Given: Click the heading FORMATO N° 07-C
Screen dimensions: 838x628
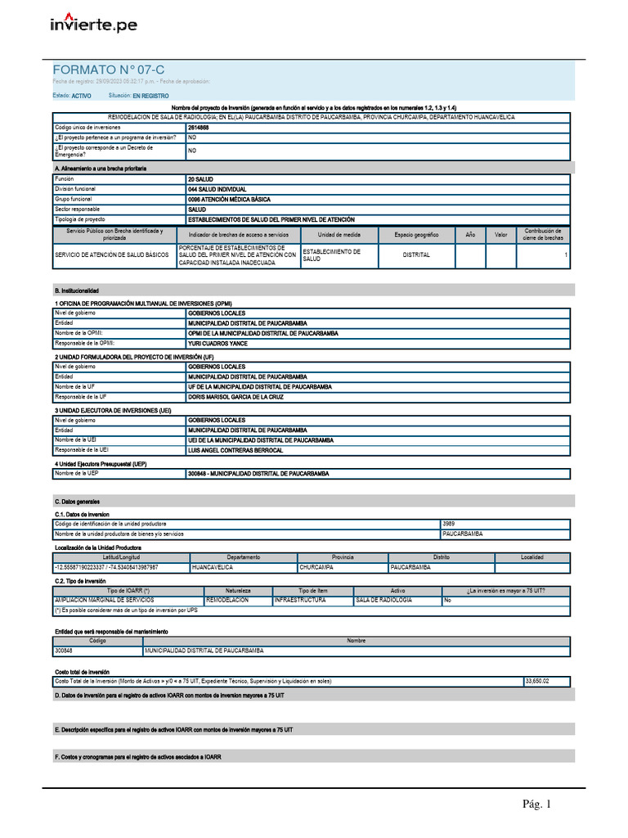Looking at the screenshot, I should tap(109, 70).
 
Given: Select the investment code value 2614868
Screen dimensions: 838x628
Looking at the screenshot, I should tap(198, 128).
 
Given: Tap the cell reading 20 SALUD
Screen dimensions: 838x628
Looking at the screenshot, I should tap(201, 178).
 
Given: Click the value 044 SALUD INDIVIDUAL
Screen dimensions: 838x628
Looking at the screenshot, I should tap(217, 189).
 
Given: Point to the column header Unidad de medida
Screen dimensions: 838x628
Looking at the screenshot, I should tap(339, 235).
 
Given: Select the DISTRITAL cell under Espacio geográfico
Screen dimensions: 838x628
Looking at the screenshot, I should tap(416, 255).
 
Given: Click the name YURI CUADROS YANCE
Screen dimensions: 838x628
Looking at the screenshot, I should tap(217, 344).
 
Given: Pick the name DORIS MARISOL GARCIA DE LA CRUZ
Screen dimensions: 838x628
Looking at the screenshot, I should tap(237, 396).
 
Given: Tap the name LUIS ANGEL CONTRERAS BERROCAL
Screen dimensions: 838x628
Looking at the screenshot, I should tap(235, 450).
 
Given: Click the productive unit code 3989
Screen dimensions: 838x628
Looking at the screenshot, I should tap(448, 523).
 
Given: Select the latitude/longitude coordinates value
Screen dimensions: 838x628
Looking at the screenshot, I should tap(106, 567).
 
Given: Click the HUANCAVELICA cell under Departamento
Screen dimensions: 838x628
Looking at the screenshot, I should tap(213, 567).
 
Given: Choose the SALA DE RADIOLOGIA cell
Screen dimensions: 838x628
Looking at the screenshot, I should tap(384, 600).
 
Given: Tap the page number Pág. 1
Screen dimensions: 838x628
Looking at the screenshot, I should tap(537, 804).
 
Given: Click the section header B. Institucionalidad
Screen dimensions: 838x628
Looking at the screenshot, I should tap(76, 291).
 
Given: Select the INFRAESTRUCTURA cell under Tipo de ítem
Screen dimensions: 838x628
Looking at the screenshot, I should tap(300, 600).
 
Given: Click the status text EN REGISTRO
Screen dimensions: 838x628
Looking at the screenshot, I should tap(150, 96).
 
